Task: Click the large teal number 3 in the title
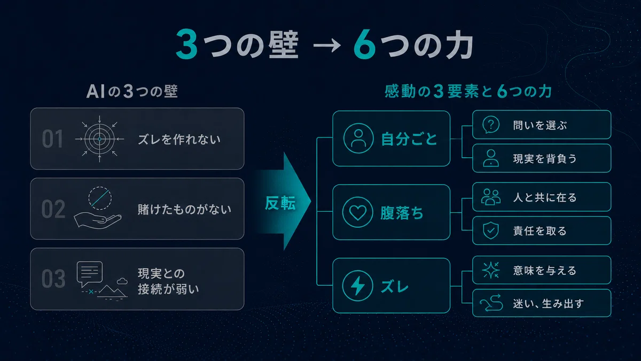click(186, 44)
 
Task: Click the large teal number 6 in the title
click(364, 45)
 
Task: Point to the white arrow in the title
click(326, 45)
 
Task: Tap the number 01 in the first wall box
click(52, 139)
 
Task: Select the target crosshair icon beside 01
click(99, 139)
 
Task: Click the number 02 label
click(53, 209)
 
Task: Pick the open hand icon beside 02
click(98, 221)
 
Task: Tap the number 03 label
click(53, 279)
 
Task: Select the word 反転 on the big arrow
click(280, 203)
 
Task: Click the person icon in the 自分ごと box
click(358, 138)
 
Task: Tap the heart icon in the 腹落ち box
click(358, 212)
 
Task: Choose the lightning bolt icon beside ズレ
click(358, 286)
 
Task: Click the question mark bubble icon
click(491, 125)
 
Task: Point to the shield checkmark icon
click(491, 231)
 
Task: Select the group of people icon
click(491, 197)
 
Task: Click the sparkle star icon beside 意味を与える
click(491, 270)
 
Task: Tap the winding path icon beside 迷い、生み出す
click(491, 303)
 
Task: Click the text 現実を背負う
click(545, 158)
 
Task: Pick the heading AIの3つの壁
click(132, 91)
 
